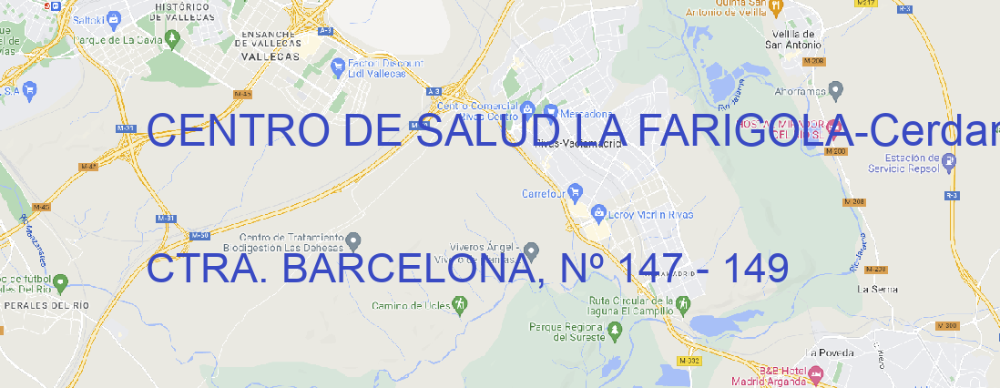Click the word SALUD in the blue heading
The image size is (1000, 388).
coord(487,132)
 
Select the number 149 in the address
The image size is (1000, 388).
coord(752,269)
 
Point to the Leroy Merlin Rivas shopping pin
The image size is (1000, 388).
coord(598,213)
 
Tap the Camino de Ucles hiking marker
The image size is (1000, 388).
coord(460,304)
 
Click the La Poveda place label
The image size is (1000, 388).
coord(830,352)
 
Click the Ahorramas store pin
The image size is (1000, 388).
coord(837,89)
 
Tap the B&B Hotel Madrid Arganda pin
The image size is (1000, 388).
coord(816,373)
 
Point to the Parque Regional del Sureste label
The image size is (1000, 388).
coord(566,331)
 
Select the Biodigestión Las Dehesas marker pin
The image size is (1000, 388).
coord(354,240)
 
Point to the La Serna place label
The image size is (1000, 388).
coord(877,289)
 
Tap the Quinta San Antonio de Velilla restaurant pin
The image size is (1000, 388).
coord(775,7)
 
